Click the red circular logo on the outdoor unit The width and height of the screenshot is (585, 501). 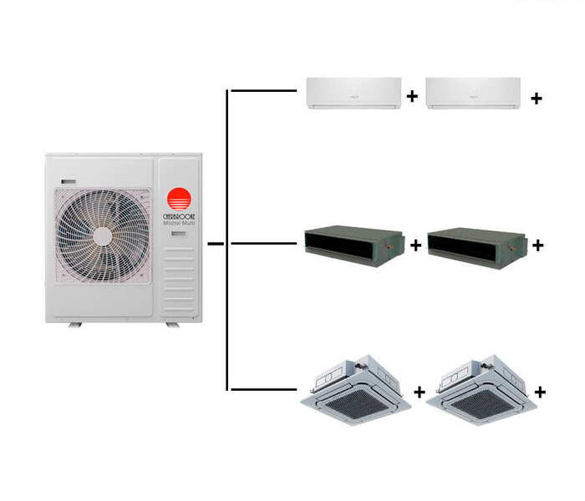click(179, 200)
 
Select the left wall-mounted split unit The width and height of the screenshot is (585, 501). click(353, 93)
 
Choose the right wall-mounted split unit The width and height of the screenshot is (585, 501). click(473, 93)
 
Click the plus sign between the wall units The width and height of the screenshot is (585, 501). click(412, 97)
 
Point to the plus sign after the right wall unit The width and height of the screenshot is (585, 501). click(537, 98)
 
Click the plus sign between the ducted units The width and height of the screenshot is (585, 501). click(416, 245)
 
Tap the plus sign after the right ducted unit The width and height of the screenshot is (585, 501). click(538, 245)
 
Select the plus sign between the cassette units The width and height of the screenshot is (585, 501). click(420, 390)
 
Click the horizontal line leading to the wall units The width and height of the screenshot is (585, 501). click(262, 88)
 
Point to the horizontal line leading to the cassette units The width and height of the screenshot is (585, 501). click(262, 388)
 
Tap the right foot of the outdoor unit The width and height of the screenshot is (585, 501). click(171, 323)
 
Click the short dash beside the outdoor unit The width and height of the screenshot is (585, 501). click(215, 244)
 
